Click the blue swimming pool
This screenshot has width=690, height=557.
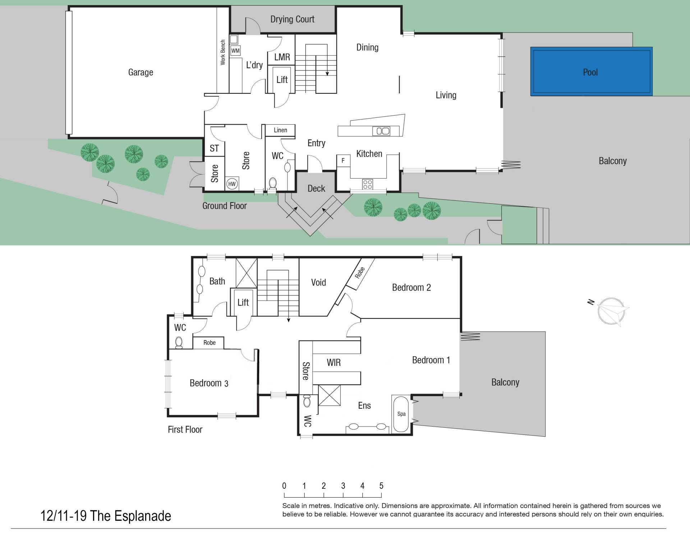(x=592, y=71)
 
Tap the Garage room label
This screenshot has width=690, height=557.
(x=141, y=72)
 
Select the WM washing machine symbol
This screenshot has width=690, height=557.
(x=235, y=51)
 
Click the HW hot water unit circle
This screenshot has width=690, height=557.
(x=232, y=184)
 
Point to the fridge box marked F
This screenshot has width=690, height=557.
(x=343, y=161)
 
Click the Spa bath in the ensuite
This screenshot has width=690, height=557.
(x=401, y=414)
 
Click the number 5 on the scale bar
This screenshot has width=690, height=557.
(x=381, y=486)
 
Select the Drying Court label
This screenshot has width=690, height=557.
(x=292, y=19)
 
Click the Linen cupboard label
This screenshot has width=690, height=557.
(x=280, y=130)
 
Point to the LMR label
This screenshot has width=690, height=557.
(x=282, y=57)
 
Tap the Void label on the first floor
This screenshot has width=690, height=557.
(x=318, y=282)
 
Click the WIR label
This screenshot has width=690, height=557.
(x=333, y=363)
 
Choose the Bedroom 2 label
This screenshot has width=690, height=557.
(x=411, y=287)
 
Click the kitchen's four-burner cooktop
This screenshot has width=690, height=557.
(x=367, y=184)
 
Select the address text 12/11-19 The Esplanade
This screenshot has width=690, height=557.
(x=106, y=516)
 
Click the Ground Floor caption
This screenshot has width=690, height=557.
(x=224, y=206)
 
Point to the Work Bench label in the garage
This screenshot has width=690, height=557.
(x=223, y=52)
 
